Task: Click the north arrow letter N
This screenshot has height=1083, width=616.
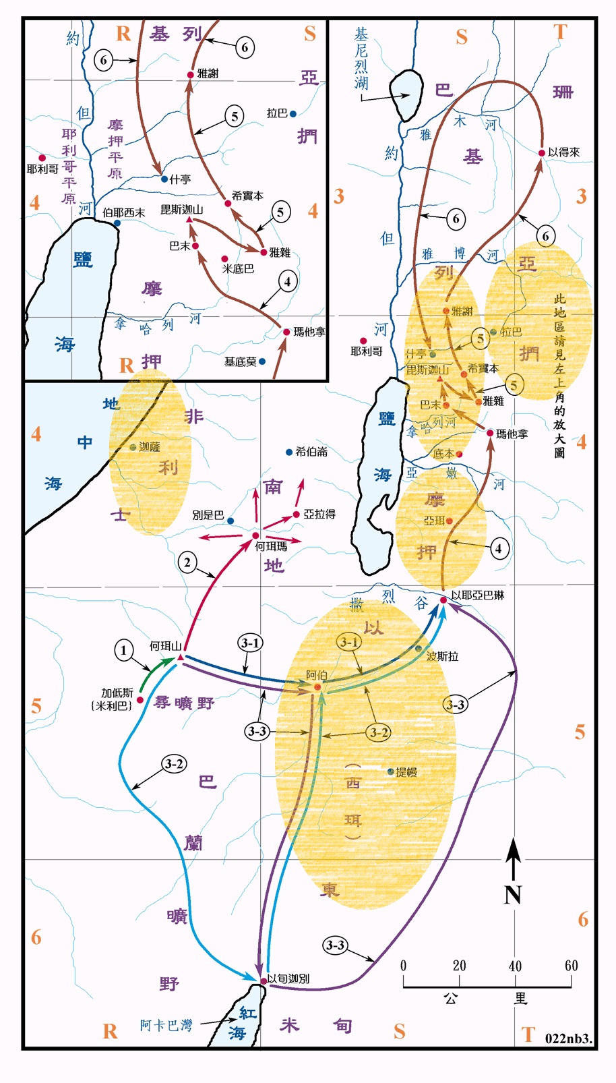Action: pyautogui.click(x=513, y=895)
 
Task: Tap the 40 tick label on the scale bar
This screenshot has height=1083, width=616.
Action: pyautogui.click(x=515, y=966)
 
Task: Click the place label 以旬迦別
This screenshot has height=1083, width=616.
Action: pyautogui.click(x=288, y=978)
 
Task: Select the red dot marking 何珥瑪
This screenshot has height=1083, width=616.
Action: pyautogui.click(x=255, y=535)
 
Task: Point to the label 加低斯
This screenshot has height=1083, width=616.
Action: pyautogui.click(x=117, y=693)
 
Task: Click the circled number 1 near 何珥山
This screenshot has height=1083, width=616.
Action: pyautogui.click(x=123, y=650)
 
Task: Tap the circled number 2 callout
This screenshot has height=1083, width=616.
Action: pyautogui.click(x=187, y=562)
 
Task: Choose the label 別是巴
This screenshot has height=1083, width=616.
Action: pyautogui.click(x=208, y=515)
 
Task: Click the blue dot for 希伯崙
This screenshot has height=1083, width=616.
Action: pyautogui.click(x=289, y=452)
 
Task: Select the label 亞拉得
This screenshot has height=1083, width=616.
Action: pyautogui.click(x=319, y=514)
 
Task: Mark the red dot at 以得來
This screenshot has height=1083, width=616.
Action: pyautogui.click(x=541, y=153)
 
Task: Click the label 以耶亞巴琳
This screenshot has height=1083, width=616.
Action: pyautogui.click(x=478, y=595)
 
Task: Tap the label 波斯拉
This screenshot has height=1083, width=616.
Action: pyautogui.click(x=442, y=655)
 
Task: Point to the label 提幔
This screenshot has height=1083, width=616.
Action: pyautogui.click(x=406, y=772)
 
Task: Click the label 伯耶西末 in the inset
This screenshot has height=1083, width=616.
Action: pyautogui.click(x=124, y=212)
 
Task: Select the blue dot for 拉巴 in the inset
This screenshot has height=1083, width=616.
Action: pyautogui.click(x=293, y=114)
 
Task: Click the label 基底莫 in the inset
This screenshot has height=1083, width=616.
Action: pyautogui.click(x=240, y=362)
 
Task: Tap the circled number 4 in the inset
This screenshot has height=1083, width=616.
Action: pyautogui.click(x=288, y=281)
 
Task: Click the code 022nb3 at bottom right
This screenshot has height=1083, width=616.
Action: pyautogui.click(x=568, y=1038)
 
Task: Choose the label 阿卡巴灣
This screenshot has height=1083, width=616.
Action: pyautogui.click(x=166, y=1025)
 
